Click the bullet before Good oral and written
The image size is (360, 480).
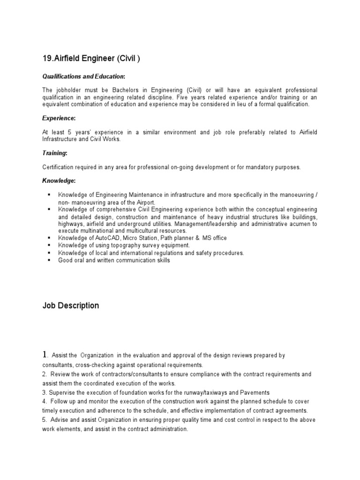point(49,260)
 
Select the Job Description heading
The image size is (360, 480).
point(71,306)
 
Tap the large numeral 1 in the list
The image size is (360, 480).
point(45,355)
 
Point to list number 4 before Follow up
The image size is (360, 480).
point(45,401)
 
